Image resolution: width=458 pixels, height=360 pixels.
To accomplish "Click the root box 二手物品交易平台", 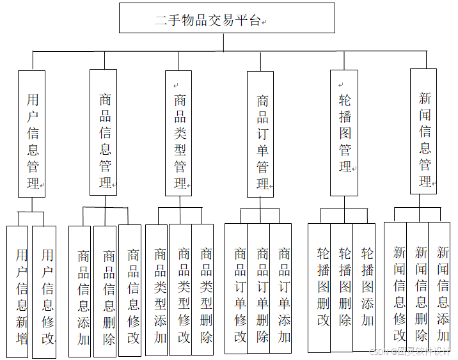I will (x=226, y=18).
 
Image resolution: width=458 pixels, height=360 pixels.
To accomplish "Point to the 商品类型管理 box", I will (x=178, y=132).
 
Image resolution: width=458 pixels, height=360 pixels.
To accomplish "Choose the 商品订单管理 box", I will (x=260, y=134).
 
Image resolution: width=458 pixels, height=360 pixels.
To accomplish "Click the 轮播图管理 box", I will (x=343, y=132).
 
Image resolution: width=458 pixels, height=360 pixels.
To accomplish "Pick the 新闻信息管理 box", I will (x=423, y=132).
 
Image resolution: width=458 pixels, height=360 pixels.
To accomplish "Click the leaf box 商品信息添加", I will (x=80, y=291).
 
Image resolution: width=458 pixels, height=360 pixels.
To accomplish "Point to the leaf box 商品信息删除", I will (x=105, y=291).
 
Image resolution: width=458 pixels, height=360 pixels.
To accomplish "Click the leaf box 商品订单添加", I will (x=281, y=288).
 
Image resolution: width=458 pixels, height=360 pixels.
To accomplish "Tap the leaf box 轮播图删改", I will (x=319, y=287).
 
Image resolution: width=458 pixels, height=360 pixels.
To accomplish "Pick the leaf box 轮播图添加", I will (x=364, y=287).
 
